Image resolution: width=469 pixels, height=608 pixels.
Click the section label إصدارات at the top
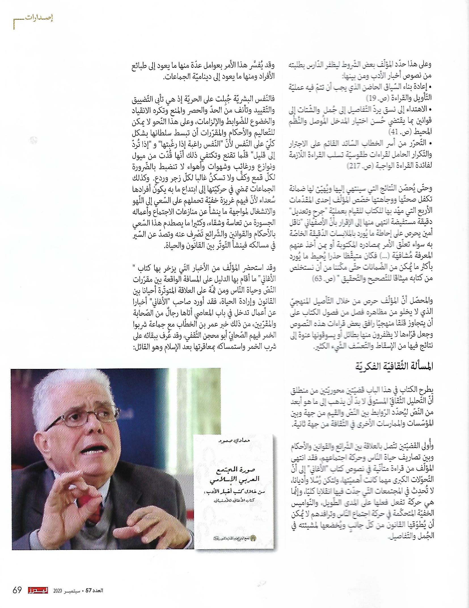pyautogui.click(x=39, y=18)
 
